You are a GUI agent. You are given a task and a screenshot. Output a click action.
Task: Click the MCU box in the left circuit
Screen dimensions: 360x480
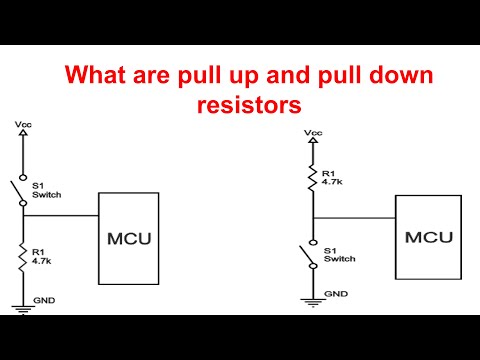coord(130,239)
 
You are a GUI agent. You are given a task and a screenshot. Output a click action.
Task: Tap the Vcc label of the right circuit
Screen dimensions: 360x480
coord(313,133)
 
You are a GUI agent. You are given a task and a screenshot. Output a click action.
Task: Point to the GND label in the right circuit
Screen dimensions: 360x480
coord(337,293)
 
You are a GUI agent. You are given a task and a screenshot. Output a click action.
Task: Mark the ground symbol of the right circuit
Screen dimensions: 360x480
coord(313,300)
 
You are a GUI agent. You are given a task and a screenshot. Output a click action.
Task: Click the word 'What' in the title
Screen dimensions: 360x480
coord(95,75)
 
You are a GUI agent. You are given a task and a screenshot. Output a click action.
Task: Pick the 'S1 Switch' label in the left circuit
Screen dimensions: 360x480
coord(46,189)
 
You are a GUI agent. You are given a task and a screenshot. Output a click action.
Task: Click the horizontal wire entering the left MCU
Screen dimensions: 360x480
coord(60,214)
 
